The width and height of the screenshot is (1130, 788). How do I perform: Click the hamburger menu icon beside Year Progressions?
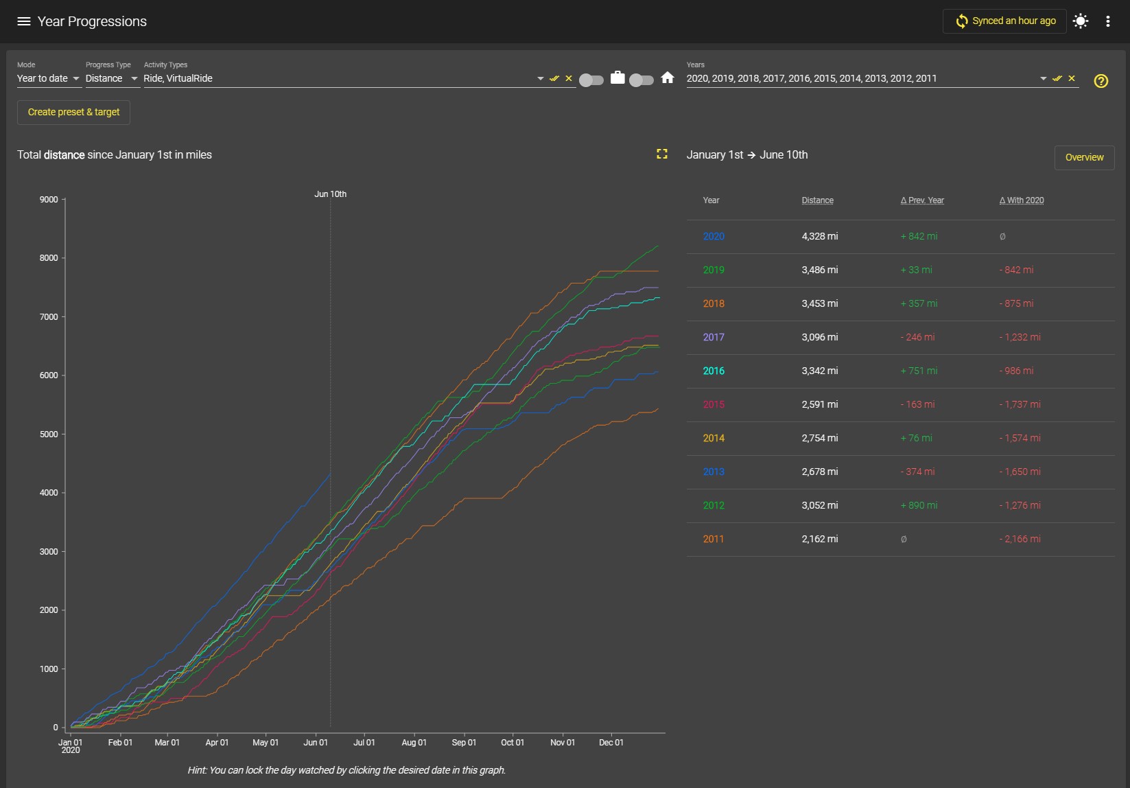click(x=24, y=21)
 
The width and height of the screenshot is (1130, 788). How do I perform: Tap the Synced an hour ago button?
click(x=1004, y=21)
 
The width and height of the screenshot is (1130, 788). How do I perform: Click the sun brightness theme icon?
click(x=1081, y=21)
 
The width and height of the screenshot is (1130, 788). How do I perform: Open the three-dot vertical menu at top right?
click(x=1108, y=21)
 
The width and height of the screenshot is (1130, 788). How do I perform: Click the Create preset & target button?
click(x=73, y=112)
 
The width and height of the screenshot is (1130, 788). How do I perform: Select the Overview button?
click(x=1084, y=157)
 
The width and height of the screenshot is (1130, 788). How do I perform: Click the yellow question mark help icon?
click(x=1100, y=81)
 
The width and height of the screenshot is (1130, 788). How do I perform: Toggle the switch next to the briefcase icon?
click(x=591, y=80)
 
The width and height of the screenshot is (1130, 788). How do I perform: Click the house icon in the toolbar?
click(x=668, y=78)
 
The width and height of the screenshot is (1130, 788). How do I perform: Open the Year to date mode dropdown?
click(x=49, y=79)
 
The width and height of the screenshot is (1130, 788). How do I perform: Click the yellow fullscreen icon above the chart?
click(x=662, y=154)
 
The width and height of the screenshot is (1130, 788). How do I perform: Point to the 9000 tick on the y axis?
click(x=49, y=200)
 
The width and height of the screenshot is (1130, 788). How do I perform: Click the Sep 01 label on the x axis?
click(x=464, y=743)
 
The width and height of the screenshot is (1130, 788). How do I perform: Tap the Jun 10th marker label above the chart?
click(x=331, y=194)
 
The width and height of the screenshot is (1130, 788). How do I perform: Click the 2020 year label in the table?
click(x=714, y=236)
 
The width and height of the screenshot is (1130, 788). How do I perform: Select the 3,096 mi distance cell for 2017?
click(x=820, y=337)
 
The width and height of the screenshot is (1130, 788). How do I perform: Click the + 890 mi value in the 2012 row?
click(x=919, y=505)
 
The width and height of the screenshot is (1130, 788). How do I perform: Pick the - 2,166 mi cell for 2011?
click(x=1020, y=539)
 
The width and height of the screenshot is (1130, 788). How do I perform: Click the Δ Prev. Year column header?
click(x=922, y=200)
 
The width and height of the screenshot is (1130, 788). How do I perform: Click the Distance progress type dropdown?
click(x=112, y=79)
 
